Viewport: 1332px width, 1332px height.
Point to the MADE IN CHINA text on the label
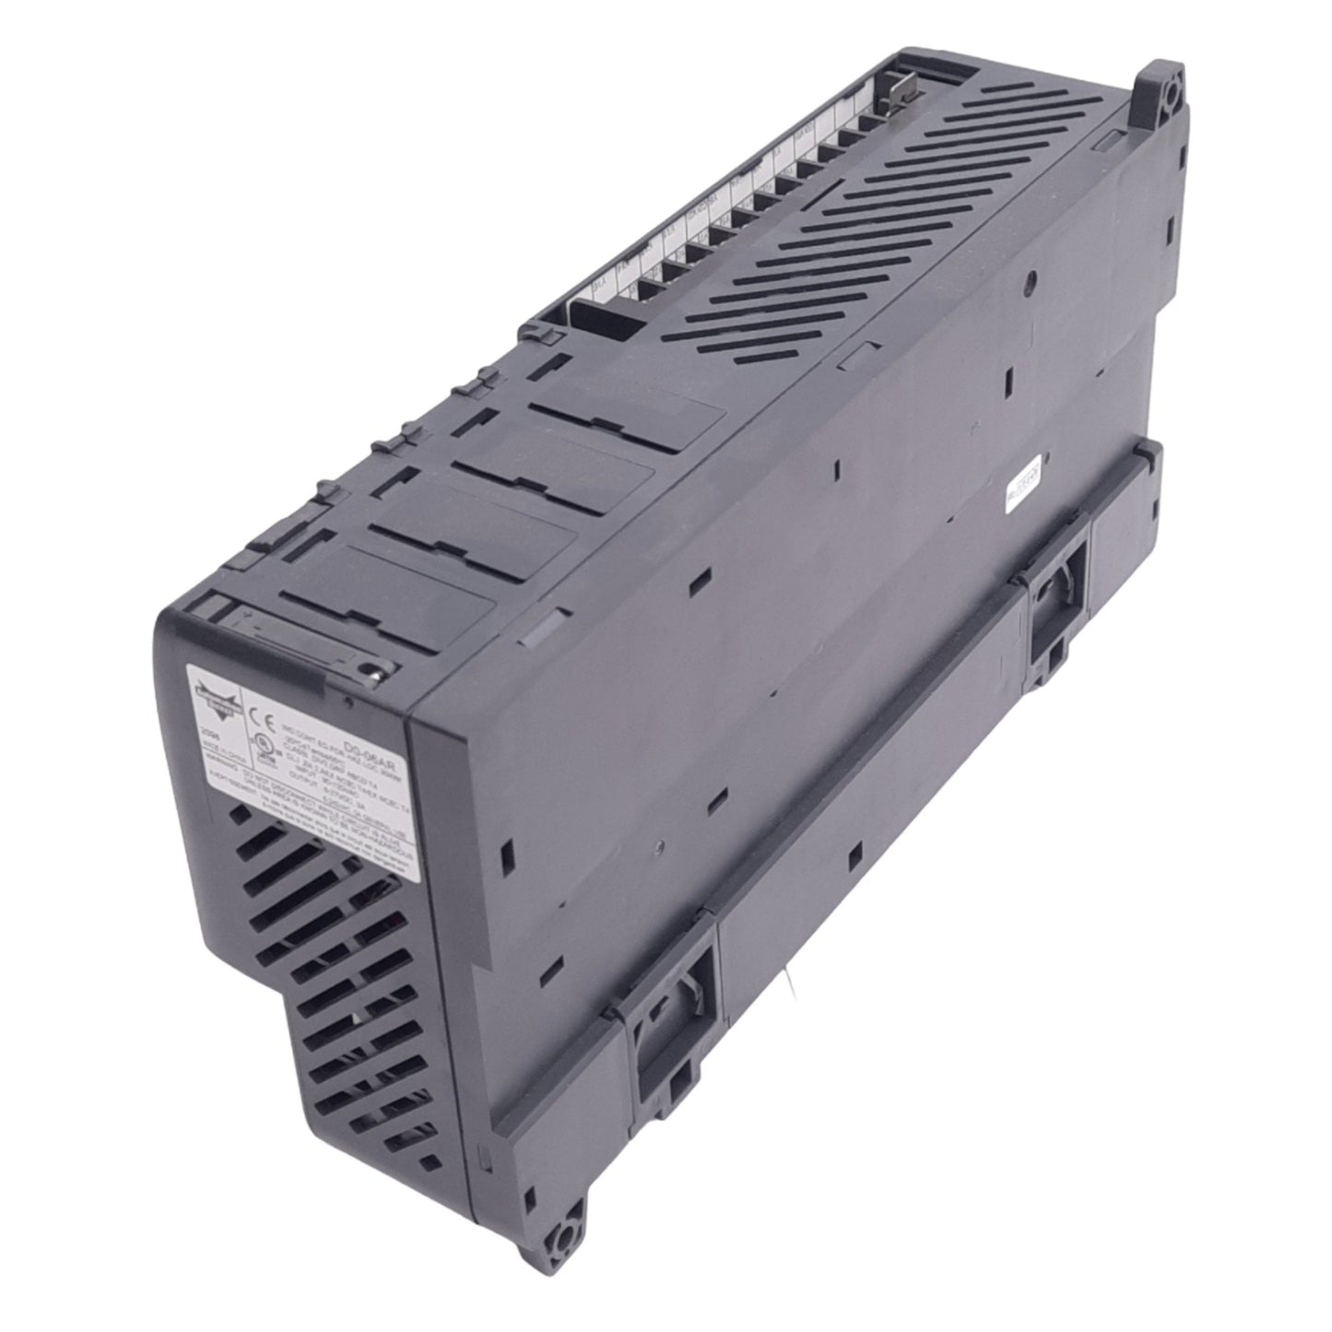[211, 750]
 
